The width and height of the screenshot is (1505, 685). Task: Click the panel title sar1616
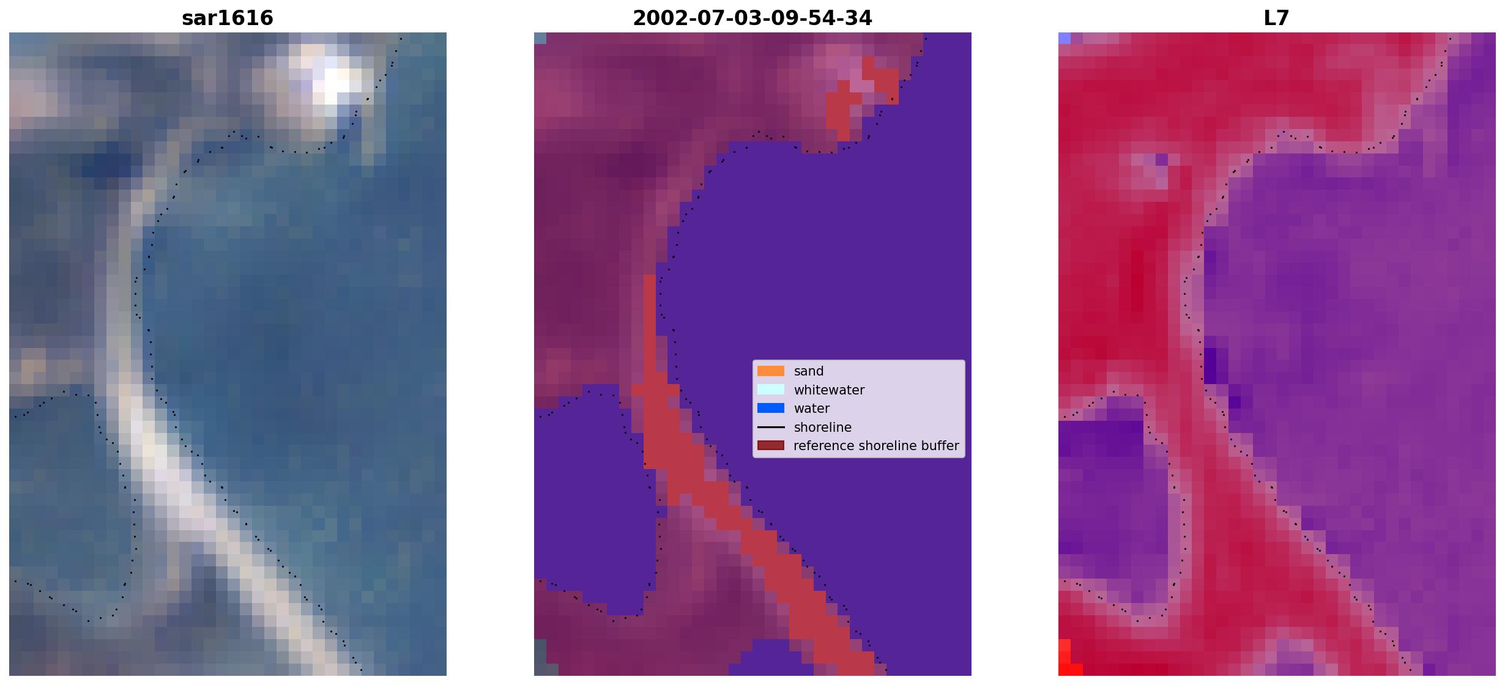tap(228, 18)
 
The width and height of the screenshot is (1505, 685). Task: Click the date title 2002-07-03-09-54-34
tap(752, 18)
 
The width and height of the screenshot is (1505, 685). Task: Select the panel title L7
tap(1277, 18)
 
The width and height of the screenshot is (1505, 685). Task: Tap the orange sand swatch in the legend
tap(771, 371)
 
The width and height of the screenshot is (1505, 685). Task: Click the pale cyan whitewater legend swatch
tap(771, 390)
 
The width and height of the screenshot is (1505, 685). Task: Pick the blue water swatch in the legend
tap(771, 409)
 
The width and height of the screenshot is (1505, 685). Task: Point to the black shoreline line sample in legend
tap(771, 427)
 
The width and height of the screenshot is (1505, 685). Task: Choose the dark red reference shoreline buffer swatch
tap(771, 446)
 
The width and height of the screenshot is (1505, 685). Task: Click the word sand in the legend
tap(809, 371)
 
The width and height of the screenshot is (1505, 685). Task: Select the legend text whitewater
tap(829, 390)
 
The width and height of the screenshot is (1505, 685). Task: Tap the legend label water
tap(812, 409)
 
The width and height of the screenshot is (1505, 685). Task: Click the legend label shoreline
tap(823, 428)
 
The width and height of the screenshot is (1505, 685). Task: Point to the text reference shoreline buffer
tap(876, 446)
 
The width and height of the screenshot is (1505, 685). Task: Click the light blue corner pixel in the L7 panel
tap(1065, 38)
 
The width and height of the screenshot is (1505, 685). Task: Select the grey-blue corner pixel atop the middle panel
tap(540, 38)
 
